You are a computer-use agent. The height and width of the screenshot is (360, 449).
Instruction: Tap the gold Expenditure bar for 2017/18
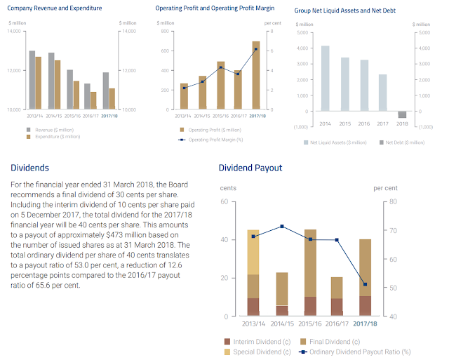(x=112, y=99)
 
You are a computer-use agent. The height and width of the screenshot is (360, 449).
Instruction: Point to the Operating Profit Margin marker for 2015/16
(x=220, y=67)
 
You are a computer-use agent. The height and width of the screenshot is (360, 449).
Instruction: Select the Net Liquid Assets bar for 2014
(x=326, y=78)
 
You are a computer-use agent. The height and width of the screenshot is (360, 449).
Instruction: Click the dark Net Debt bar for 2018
(x=402, y=115)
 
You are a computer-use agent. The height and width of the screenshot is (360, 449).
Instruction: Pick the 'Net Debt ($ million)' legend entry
(x=401, y=142)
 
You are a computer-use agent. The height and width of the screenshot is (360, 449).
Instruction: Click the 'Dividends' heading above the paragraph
(x=30, y=168)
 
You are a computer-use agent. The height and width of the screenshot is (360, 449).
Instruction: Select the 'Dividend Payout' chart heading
(x=250, y=168)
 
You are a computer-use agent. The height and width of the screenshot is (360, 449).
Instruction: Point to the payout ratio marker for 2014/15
(x=281, y=226)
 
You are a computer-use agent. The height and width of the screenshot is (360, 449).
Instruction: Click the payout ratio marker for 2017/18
(x=366, y=284)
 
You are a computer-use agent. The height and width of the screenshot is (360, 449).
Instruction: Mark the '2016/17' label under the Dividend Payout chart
(x=337, y=325)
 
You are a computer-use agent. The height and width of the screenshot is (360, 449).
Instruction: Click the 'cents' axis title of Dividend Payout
(x=228, y=188)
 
